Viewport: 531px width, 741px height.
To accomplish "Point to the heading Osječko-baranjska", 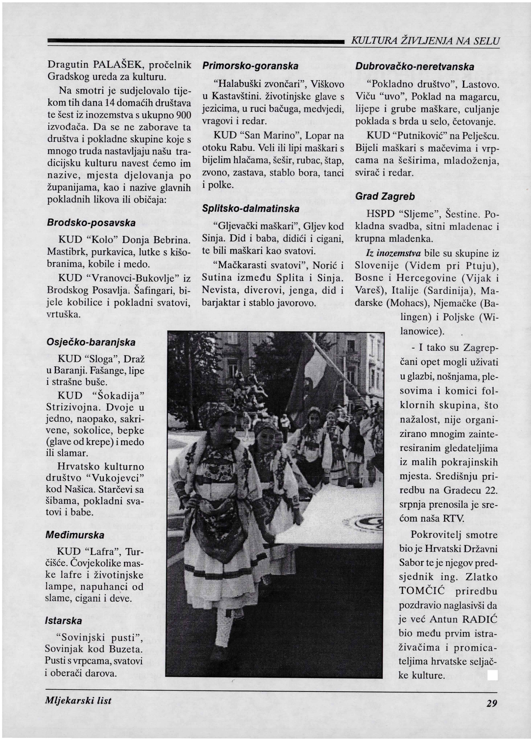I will click(x=91, y=342).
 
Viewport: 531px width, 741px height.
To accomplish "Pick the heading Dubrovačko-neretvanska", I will click(x=414, y=67).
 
